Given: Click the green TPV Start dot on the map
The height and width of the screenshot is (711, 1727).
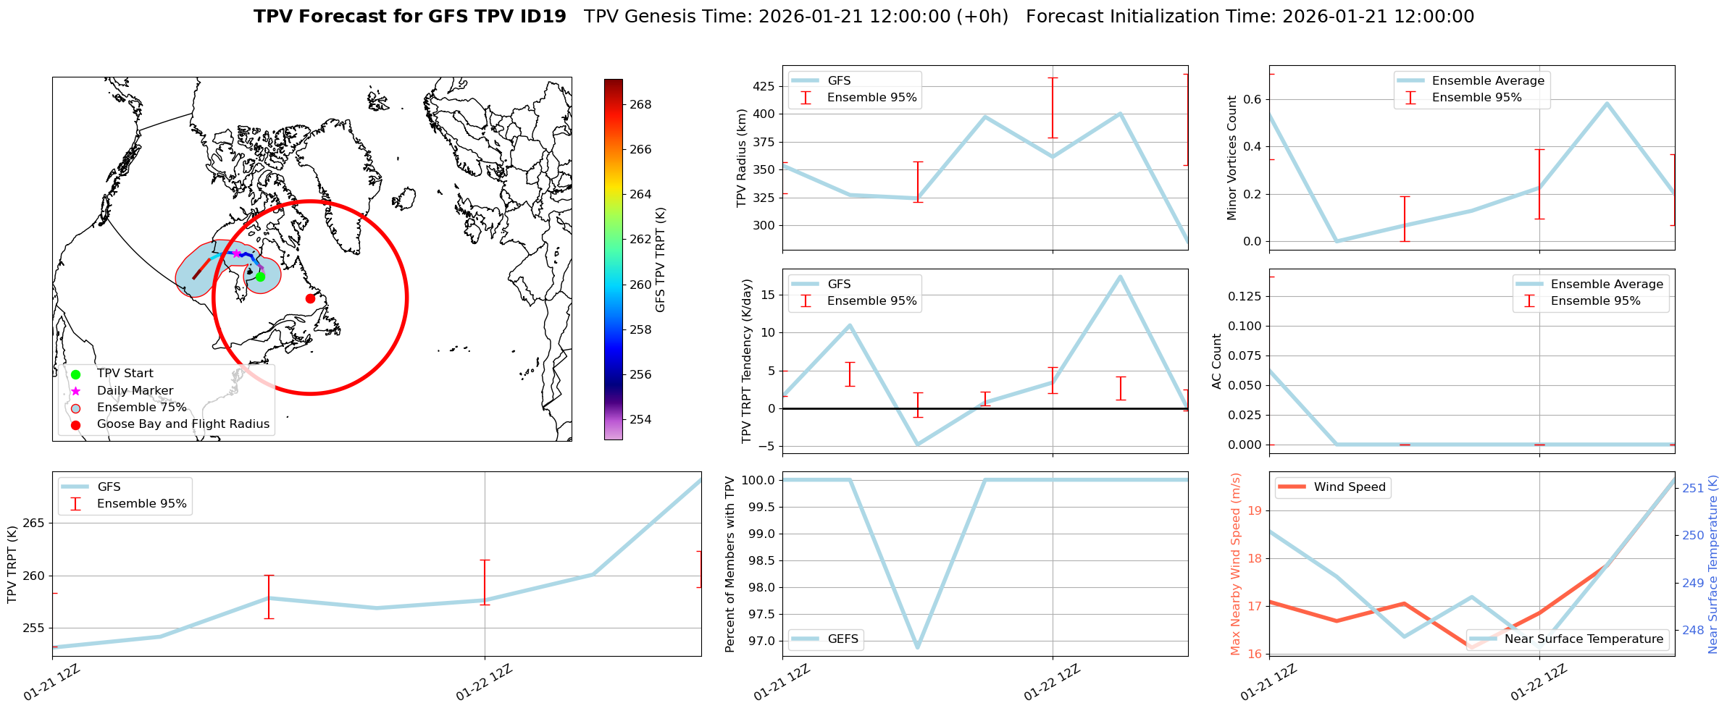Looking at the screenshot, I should click(260, 277).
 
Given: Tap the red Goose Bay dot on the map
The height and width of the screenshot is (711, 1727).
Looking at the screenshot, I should click(310, 298).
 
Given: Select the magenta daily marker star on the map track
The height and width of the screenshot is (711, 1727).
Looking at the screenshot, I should click(236, 253).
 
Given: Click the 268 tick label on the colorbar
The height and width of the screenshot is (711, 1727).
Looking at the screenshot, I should click(640, 104).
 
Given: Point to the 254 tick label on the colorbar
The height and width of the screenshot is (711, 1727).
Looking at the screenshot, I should click(640, 419).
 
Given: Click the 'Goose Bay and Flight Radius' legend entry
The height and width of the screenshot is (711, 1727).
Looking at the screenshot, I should click(183, 424).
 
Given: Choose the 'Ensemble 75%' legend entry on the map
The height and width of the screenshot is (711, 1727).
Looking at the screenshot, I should click(141, 408).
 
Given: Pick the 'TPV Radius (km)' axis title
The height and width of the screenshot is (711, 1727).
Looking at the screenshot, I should click(741, 158).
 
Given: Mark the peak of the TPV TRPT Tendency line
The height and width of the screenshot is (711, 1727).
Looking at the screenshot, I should click(1120, 277).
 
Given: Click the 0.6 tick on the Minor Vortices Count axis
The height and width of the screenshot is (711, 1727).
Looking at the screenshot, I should click(1253, 99).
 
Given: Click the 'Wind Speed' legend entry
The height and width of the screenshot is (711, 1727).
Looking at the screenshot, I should click(1349, 487).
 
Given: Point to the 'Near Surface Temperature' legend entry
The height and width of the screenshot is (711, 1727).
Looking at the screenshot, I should click(1583, 639).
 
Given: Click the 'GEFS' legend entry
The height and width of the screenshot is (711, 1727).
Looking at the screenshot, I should click(842, 639).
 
